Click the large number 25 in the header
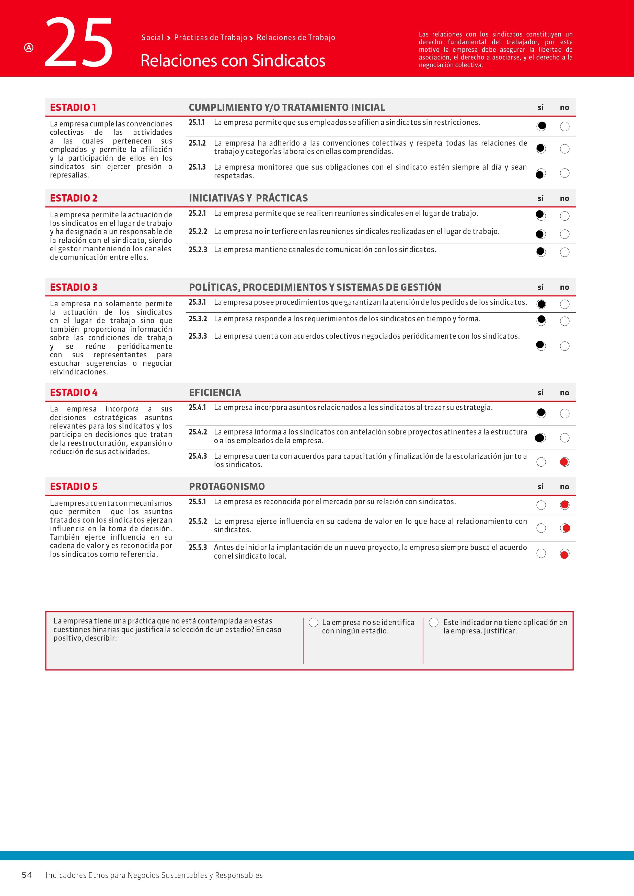pyautogui.click(x=79, y=42)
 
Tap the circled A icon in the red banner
pyautogui.click(x=29, y=48)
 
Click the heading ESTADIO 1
pyautogui.click(x=73, y=107)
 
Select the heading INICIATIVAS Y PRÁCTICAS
pyautogui.click(x=248, y=198)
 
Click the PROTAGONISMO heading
pyautogui.click(x=227, y=487)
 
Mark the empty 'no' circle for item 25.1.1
pyautogui.click(x=564, y=126)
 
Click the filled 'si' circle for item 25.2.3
pyautogui.click(x=541, y=252)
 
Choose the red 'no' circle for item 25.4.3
pyautogui.click(x=564, y=462)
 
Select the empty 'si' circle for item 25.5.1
pyautogui.click(x=541, y=505)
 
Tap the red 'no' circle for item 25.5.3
pyautogui.click(x=564, y=554)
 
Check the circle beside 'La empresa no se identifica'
pyautogui.click(x=314, y=622)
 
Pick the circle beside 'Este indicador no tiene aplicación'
pyautogui.click(x=434, y=622)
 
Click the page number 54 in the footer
pyautogui.click(x=27, y=875)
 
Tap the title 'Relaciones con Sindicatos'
pyautogui.click(x=233, y=61)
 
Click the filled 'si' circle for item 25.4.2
pyautogui.click(x=541, y=438)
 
